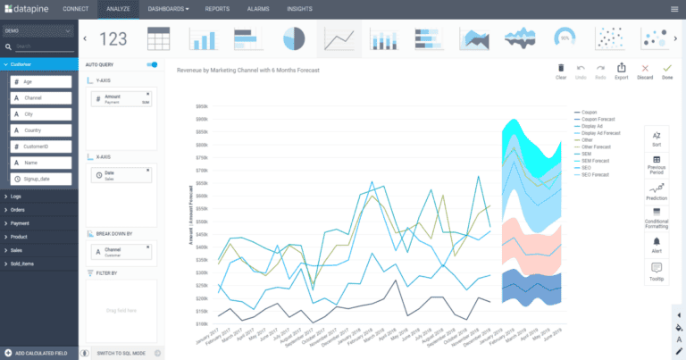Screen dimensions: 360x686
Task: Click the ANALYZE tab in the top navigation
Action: click(x=118, y=9)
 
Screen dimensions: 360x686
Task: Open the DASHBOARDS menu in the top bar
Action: click(x=168, y=9)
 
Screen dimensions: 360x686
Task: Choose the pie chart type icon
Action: click(x=294, y=39)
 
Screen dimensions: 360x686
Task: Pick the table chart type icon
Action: click(x=159, y=39)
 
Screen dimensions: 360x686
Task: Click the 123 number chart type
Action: click(x=113, y=39)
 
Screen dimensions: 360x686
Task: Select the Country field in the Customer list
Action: click(x=40, y=130)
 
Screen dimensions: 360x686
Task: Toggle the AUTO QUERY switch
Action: click(x=152, y=64)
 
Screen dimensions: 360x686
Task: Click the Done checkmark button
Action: click(x=666, y=71)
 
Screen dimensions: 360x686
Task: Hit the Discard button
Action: click(x=645, y=71)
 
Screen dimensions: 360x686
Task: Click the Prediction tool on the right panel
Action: click(x=657, y=192)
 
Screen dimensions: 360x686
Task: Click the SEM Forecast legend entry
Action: click(x=594, y=160)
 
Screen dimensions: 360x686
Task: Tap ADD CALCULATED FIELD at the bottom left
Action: click(x=39, y=353)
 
